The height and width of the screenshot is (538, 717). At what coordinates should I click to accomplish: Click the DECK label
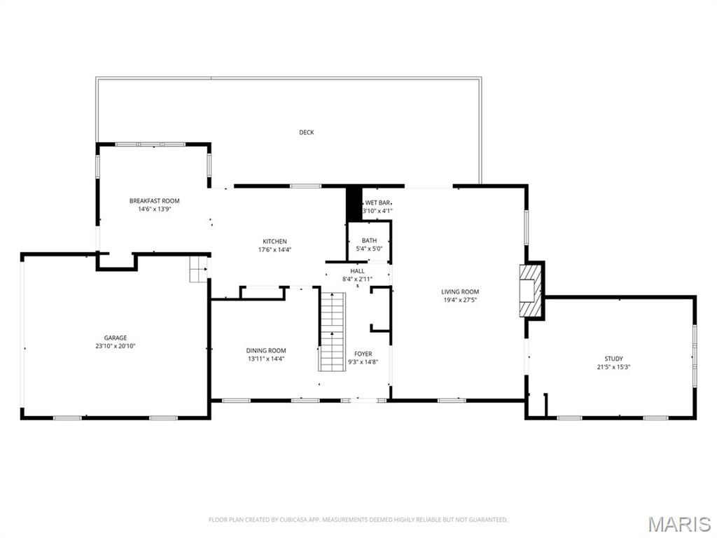306,132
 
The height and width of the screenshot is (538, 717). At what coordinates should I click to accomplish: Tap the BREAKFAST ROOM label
154,201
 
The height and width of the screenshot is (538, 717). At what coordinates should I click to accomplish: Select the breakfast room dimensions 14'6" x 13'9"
154,209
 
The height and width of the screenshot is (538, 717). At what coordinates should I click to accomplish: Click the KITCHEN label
274,242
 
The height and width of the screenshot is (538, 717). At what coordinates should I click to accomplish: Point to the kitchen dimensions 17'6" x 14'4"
274,249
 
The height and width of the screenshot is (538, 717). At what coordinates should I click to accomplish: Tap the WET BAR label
377,202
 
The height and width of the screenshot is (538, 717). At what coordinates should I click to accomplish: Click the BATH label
369,240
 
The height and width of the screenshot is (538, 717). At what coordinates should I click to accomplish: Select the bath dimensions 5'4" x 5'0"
369,248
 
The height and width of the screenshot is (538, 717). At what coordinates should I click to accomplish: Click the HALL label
357,271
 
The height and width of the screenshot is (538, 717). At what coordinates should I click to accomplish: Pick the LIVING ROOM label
460,291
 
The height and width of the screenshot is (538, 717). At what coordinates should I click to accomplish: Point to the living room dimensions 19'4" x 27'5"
460,300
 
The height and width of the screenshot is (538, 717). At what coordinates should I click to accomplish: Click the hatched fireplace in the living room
531,290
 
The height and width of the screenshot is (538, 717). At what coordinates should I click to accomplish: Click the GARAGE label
116,338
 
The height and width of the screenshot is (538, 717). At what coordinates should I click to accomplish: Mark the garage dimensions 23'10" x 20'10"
116,346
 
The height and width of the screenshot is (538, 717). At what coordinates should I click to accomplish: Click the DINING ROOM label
265,350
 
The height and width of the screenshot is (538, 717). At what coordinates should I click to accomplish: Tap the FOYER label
363,354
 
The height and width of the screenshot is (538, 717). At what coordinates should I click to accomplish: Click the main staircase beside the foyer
333,331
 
